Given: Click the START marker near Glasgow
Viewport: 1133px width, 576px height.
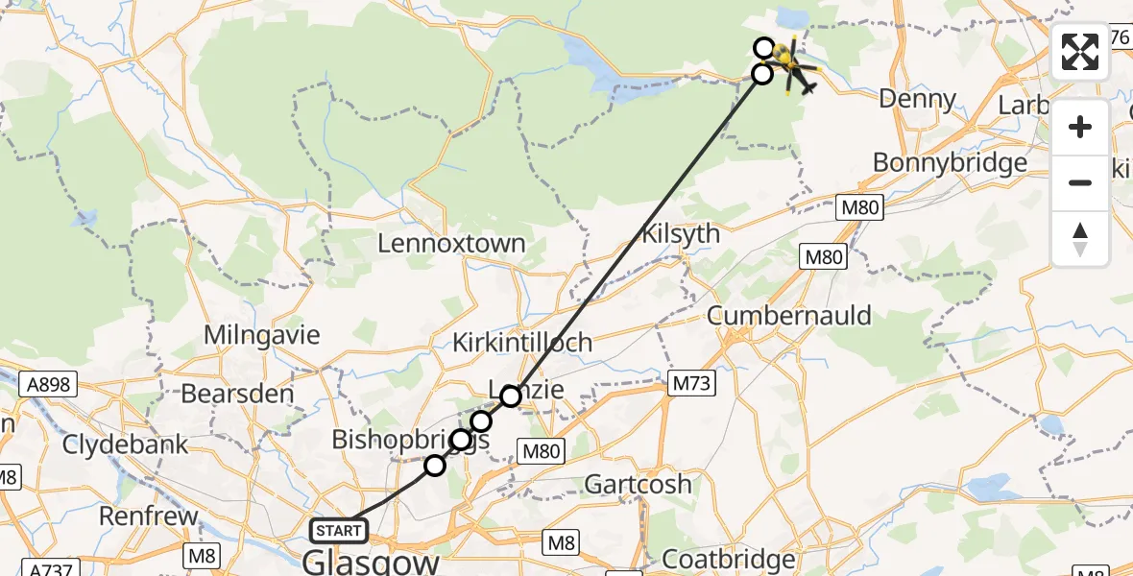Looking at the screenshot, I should click(339, 530).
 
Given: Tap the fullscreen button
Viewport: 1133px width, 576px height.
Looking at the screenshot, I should click(1080, 52).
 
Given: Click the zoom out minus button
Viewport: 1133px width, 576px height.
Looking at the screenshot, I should click(1080, 182).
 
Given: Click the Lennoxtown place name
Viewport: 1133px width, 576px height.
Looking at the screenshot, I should click(451, 243).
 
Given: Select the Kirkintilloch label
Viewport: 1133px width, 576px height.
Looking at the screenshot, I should click(523, 343).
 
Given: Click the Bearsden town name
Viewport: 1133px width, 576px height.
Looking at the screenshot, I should click(229, 394).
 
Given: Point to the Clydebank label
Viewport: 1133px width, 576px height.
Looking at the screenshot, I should click(125, 445).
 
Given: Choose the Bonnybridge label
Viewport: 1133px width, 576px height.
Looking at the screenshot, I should click(950, 163).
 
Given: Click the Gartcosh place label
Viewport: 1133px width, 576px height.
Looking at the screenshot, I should click(638, 484).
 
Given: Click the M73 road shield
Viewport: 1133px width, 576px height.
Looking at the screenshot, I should click(689, 384).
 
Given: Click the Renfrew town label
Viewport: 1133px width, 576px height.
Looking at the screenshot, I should click(148, 516).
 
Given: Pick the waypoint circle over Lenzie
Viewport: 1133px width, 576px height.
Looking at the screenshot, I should click(510, 396).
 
